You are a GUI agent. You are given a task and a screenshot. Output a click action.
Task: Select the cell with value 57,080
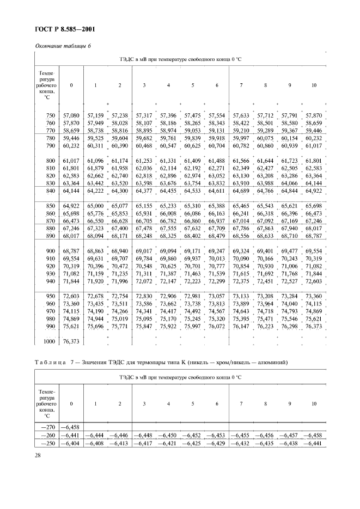[x=71, y=115]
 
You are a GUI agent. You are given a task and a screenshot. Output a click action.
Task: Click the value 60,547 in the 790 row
[x=168, y=146]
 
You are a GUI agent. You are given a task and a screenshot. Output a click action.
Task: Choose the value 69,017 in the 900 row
[x=144, y=251]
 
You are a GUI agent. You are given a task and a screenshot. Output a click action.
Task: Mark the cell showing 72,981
[x=193, y=296]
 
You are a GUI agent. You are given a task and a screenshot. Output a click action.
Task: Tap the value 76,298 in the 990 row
[x=289, y=326]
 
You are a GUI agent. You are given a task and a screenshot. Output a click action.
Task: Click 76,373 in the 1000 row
[x=71, y=341]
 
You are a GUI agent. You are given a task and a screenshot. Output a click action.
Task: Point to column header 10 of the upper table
[x=314, y=85]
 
